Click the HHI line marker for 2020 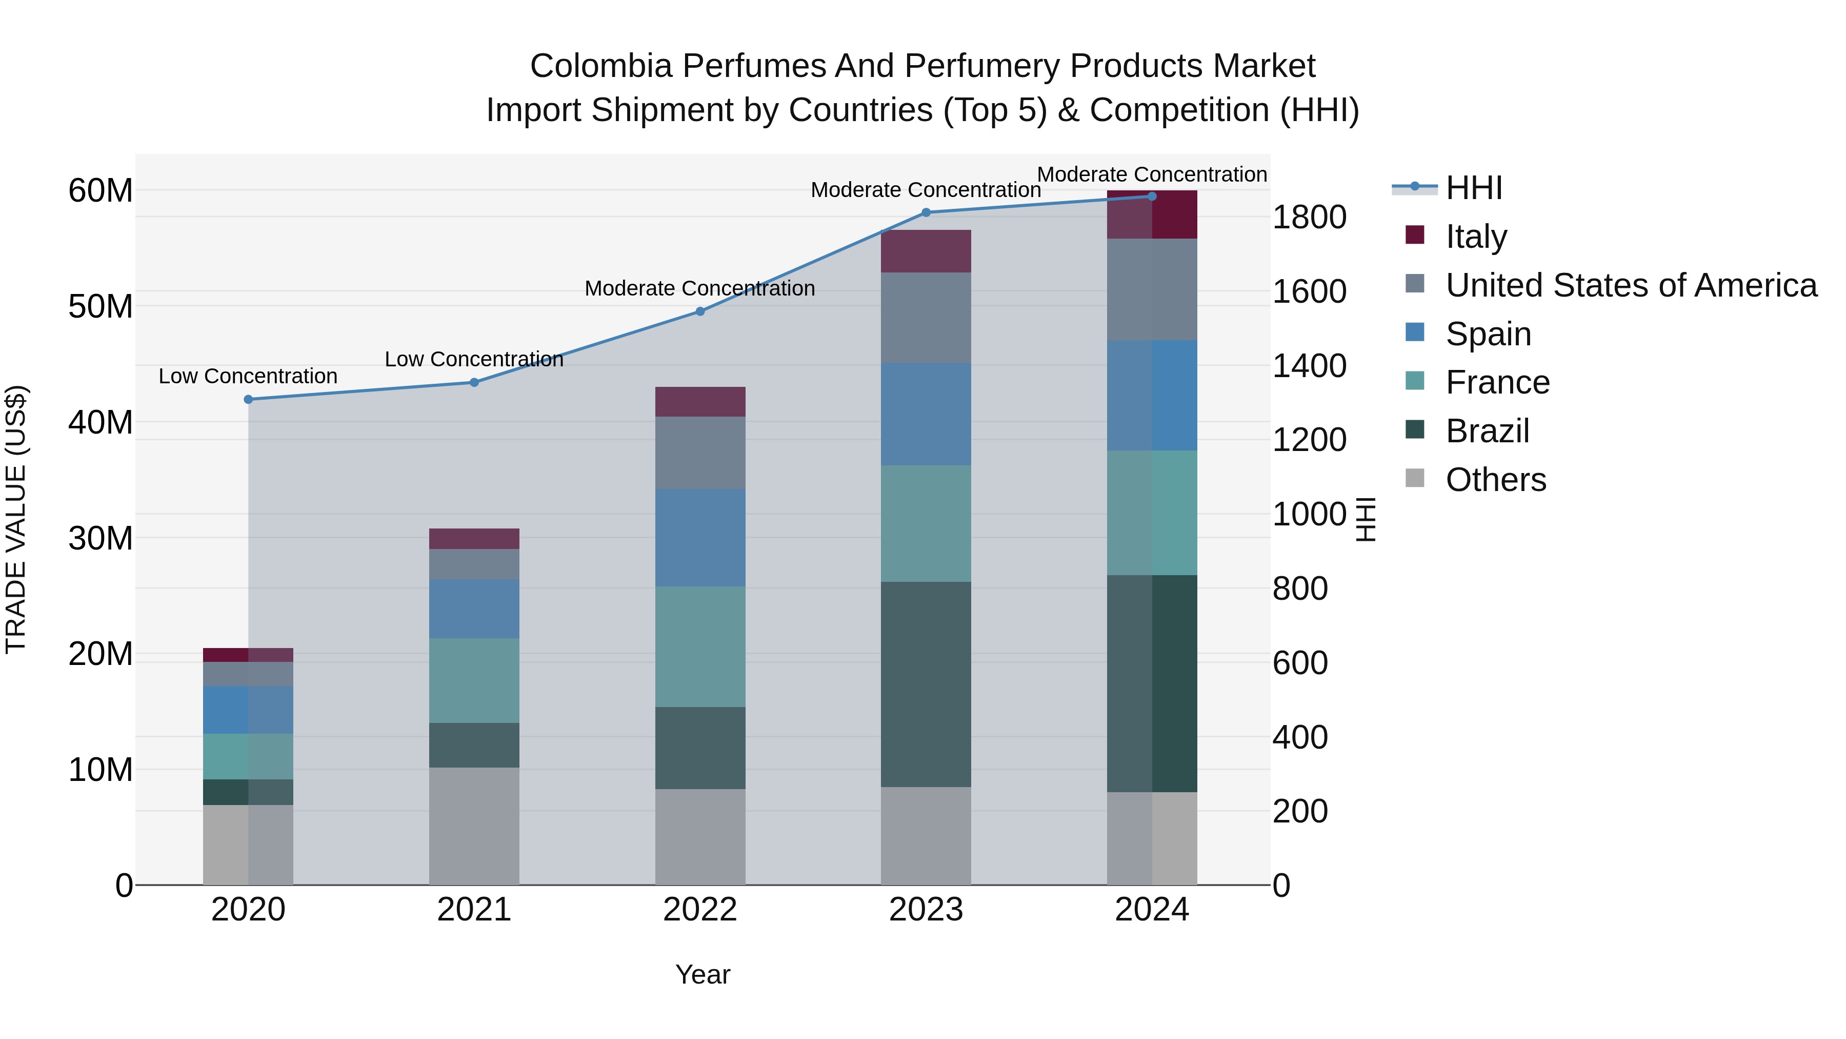coord(248,399)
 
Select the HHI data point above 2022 coord(700,312)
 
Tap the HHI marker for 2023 coord(926,212)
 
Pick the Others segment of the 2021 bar coord(474,826)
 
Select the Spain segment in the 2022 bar coord(700,538)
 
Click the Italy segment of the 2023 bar coord(926,251)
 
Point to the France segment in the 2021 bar coord(474,680)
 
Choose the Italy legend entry coord(1476,236)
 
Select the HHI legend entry coord(1473,188)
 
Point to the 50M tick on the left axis coord(101,307)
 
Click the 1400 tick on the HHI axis coord(1309,366)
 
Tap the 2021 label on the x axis coord(474,910)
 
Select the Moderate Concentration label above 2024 coord(1152,174)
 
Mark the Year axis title coord(703,974)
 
